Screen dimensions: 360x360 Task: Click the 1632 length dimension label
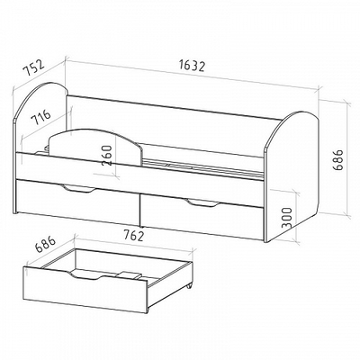click(192, 66)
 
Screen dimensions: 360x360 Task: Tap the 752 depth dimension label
click(34, 68)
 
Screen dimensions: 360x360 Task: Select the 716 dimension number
click(41, 117)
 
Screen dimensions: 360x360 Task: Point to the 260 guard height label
click(107, 156)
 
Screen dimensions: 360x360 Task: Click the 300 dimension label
click(287, 218)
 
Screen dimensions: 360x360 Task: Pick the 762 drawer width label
click(132, 235)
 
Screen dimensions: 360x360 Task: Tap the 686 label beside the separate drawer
click(46, 246)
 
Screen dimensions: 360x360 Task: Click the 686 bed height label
click(338, 160)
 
